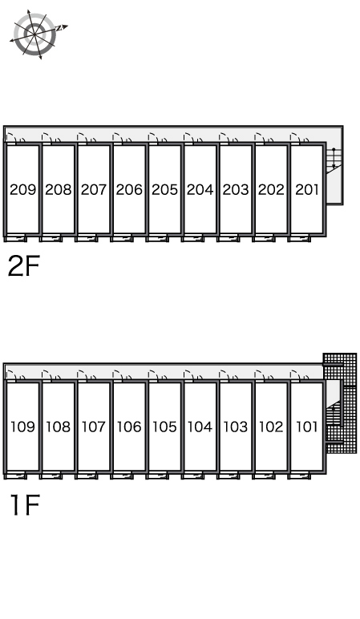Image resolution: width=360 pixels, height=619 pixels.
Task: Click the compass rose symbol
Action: coord(35,34)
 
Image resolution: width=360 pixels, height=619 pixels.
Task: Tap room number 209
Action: coord(23,190)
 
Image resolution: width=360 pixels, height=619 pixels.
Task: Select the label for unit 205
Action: coord(164,190)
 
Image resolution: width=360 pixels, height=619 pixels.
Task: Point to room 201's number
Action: coord(307,190)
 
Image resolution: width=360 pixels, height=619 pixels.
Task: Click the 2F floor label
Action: coord(24,266)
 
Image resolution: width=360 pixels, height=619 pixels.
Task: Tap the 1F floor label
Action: coord(26,504)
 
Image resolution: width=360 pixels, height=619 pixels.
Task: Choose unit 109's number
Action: coord(23,427)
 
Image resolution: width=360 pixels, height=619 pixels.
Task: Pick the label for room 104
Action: coord(200,427)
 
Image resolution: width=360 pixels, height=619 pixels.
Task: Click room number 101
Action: coord(307,427)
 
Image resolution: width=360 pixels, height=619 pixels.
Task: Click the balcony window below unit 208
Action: coord(51,238)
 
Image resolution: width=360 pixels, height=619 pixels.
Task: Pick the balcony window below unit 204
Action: coord(192,238)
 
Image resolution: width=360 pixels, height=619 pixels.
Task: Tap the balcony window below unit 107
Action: coord(86,476)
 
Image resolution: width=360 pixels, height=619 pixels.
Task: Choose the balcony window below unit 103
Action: coord(229,476)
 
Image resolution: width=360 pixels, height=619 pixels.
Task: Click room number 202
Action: coord(271,190)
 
